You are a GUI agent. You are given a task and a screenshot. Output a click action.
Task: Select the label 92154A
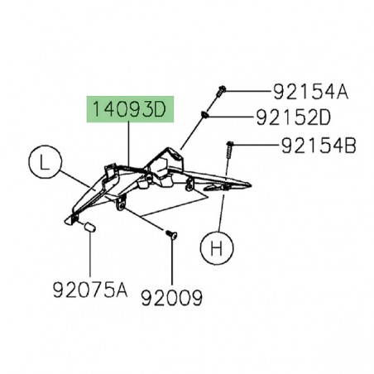[x=310, y=91]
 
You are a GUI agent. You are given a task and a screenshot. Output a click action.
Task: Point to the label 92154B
[x=319, y=146]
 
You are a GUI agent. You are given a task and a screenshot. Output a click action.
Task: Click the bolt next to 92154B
[x=228, y=150]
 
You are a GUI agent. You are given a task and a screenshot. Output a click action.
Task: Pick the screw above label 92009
[x=171, y=237]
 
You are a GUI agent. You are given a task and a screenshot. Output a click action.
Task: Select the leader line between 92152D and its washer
[x=240, y=118]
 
